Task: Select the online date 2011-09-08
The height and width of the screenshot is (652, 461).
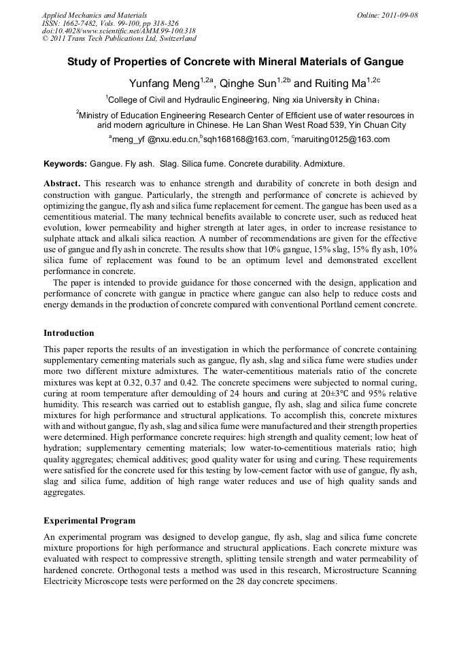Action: click(x=397, y=14)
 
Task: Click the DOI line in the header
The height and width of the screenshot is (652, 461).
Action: click(x=119, y=31)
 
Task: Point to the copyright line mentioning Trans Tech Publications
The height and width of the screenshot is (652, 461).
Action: click(x=119, y=39)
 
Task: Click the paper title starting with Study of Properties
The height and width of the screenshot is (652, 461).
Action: click(x=235, y=62)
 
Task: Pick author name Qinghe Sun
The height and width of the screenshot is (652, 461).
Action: click(x=248, y=83)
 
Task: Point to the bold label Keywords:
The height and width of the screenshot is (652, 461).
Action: click(x=65, y=165)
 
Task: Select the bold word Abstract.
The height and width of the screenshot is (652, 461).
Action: click(x=62, y=184)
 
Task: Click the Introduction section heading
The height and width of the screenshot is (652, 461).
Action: click(x=69, y=333)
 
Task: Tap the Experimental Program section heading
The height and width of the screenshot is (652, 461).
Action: click(x=89, y=521)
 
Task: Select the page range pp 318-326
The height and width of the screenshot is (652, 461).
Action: click(x=158, y=22)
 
